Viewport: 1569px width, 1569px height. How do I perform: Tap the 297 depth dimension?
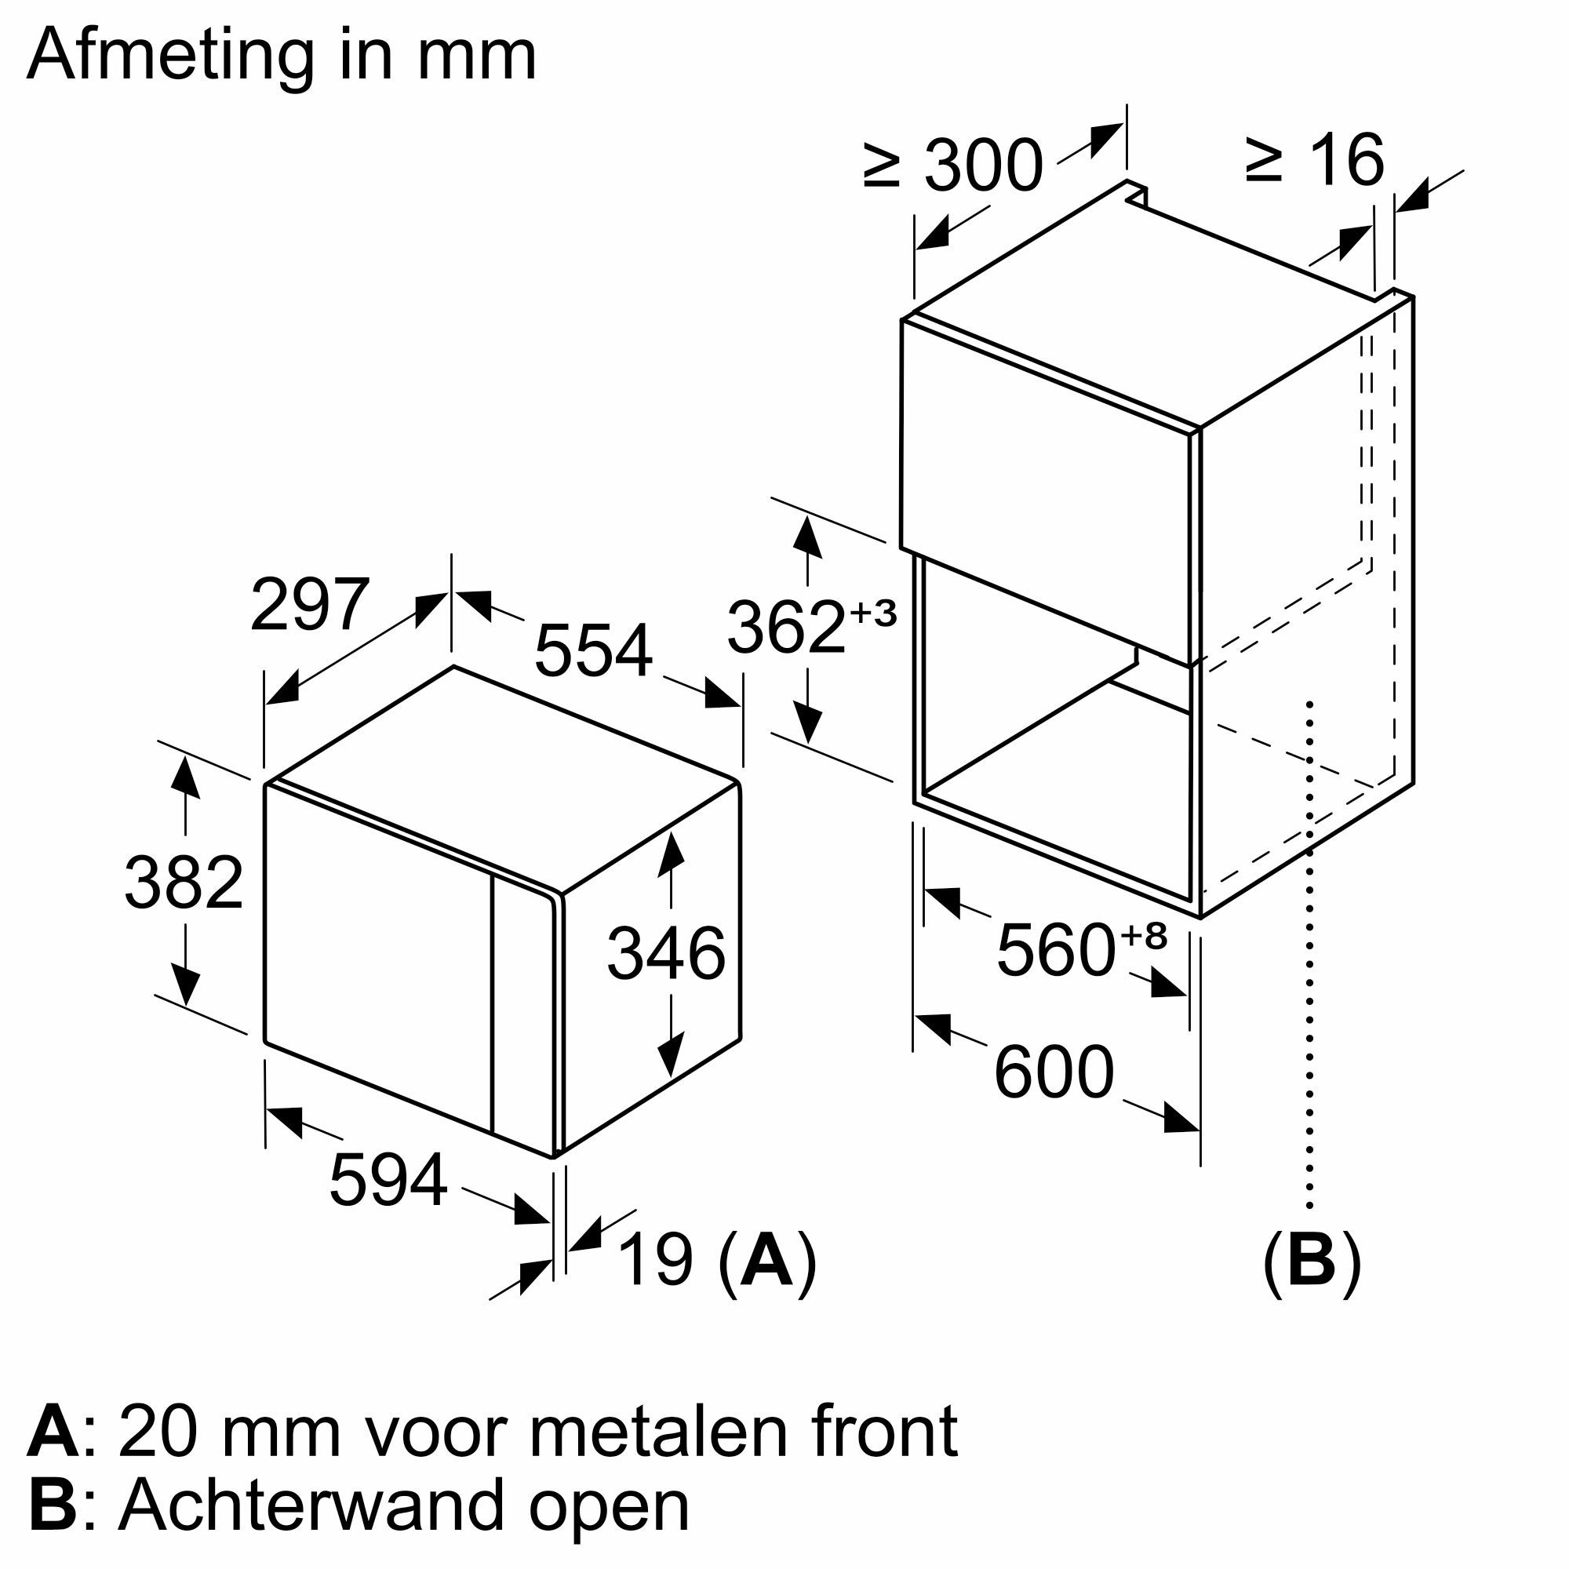(309, 604)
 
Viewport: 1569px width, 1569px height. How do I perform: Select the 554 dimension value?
(593, 650)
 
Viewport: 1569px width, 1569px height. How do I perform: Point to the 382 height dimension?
(184, 883)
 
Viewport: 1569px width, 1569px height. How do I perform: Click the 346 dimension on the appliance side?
(666, 953)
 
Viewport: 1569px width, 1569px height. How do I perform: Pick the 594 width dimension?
(388, 1180)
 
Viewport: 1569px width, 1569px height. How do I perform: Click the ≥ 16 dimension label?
(1313, 160)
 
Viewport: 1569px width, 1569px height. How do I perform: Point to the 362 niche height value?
(786, 627)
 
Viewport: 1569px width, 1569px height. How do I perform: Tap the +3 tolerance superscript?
(873, 613)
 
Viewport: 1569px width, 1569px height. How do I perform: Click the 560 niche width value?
(1056, 950)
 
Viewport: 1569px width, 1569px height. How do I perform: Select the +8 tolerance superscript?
(1144, 937)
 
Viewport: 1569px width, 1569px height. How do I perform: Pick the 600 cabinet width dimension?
(1054, 1072)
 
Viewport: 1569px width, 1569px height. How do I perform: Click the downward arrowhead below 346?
(670, 1057)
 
